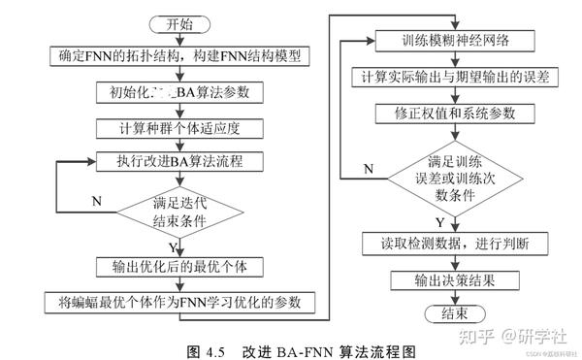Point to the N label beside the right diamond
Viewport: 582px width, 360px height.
(368, 169)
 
